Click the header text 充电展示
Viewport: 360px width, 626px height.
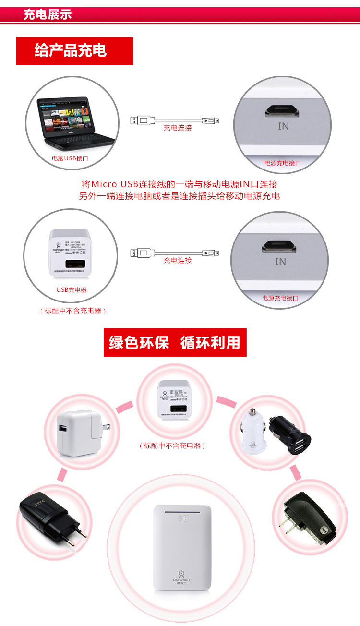(x=48, y=14)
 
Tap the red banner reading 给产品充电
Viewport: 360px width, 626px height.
(x=71, y=50)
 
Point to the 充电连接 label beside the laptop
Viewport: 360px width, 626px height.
(x=178, y=128)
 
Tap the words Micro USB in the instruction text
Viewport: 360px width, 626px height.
(x=115, y=184)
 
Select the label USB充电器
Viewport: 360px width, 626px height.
(x=72, y=290)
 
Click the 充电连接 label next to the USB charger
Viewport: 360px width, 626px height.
(x=178, y=260)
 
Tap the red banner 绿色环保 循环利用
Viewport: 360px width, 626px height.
(x=175, y=343)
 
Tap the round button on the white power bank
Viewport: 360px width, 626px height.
(x=182, y=519)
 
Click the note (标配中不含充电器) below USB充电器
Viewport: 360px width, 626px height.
(x=72, y=311)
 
